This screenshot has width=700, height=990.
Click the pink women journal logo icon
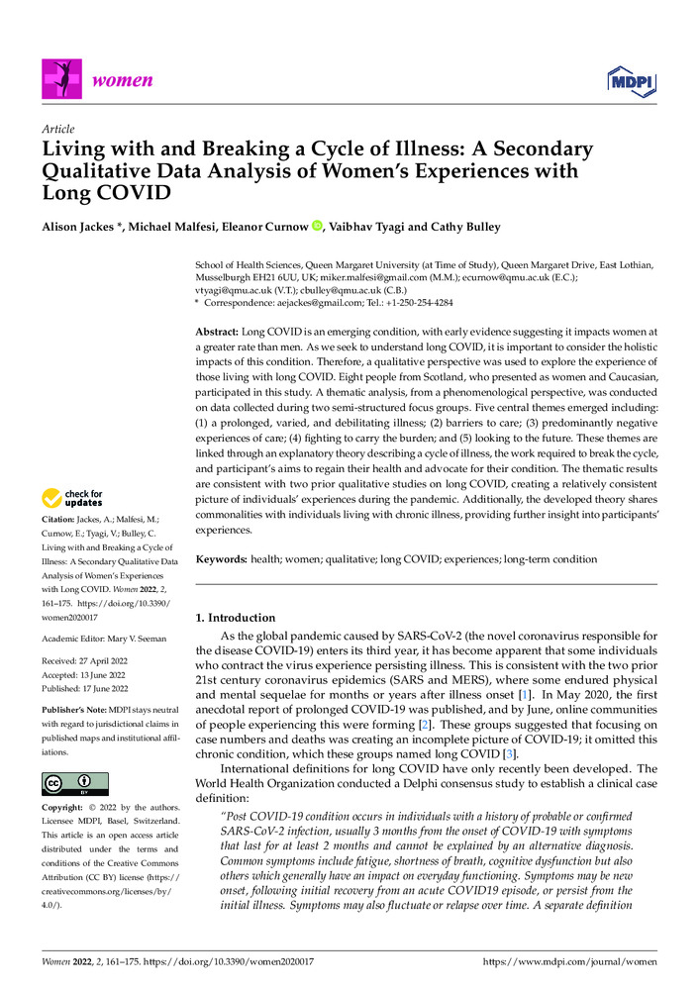click(x=59, y=78)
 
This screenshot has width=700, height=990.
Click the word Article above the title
click(x=57, y=129)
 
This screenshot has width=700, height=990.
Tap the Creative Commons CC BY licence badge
click(x=74, y=785)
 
